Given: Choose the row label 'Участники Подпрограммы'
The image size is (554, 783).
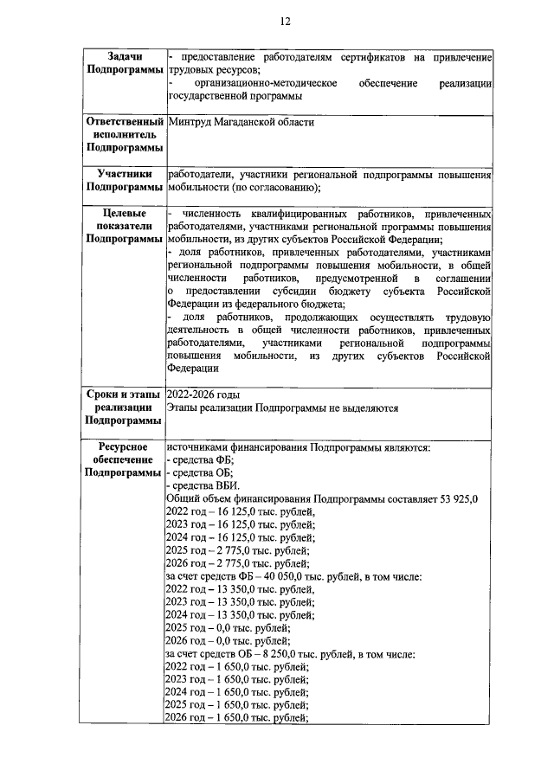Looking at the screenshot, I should point(124,180).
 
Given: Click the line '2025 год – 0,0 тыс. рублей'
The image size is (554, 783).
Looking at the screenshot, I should point(228,627).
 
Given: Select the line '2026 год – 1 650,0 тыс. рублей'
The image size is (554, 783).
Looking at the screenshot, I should point(237,718).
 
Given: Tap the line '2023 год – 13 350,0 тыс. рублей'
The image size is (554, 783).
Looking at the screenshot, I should point(240,601).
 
